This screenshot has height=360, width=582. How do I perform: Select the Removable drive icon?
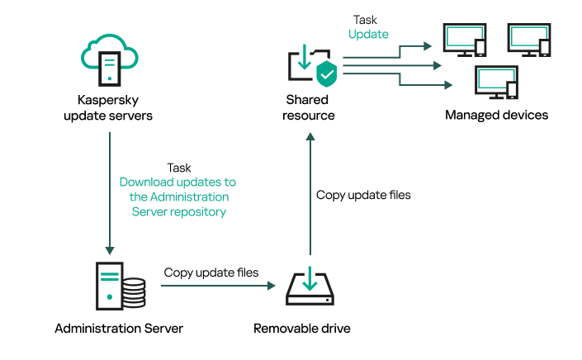(x=309, y=287)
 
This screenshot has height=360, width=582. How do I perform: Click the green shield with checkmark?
(x=326, y=73)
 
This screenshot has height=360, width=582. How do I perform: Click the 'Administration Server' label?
(x=119, y=329)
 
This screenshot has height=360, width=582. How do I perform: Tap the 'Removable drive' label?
(x=301, y=329)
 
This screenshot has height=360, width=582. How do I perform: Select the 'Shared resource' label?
(x=308, y=107)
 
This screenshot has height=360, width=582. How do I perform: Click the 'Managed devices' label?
(x=496, y=115)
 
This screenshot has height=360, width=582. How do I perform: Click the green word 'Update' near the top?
(x=368, y=34)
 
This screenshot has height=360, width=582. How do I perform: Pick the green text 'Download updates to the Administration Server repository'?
(x=177, y=197)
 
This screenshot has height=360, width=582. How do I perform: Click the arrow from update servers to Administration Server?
(x=108, y=190)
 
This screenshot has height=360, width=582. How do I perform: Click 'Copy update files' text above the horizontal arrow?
(x=211, y=272)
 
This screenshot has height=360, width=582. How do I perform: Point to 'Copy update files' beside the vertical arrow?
(x=363, y=196)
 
